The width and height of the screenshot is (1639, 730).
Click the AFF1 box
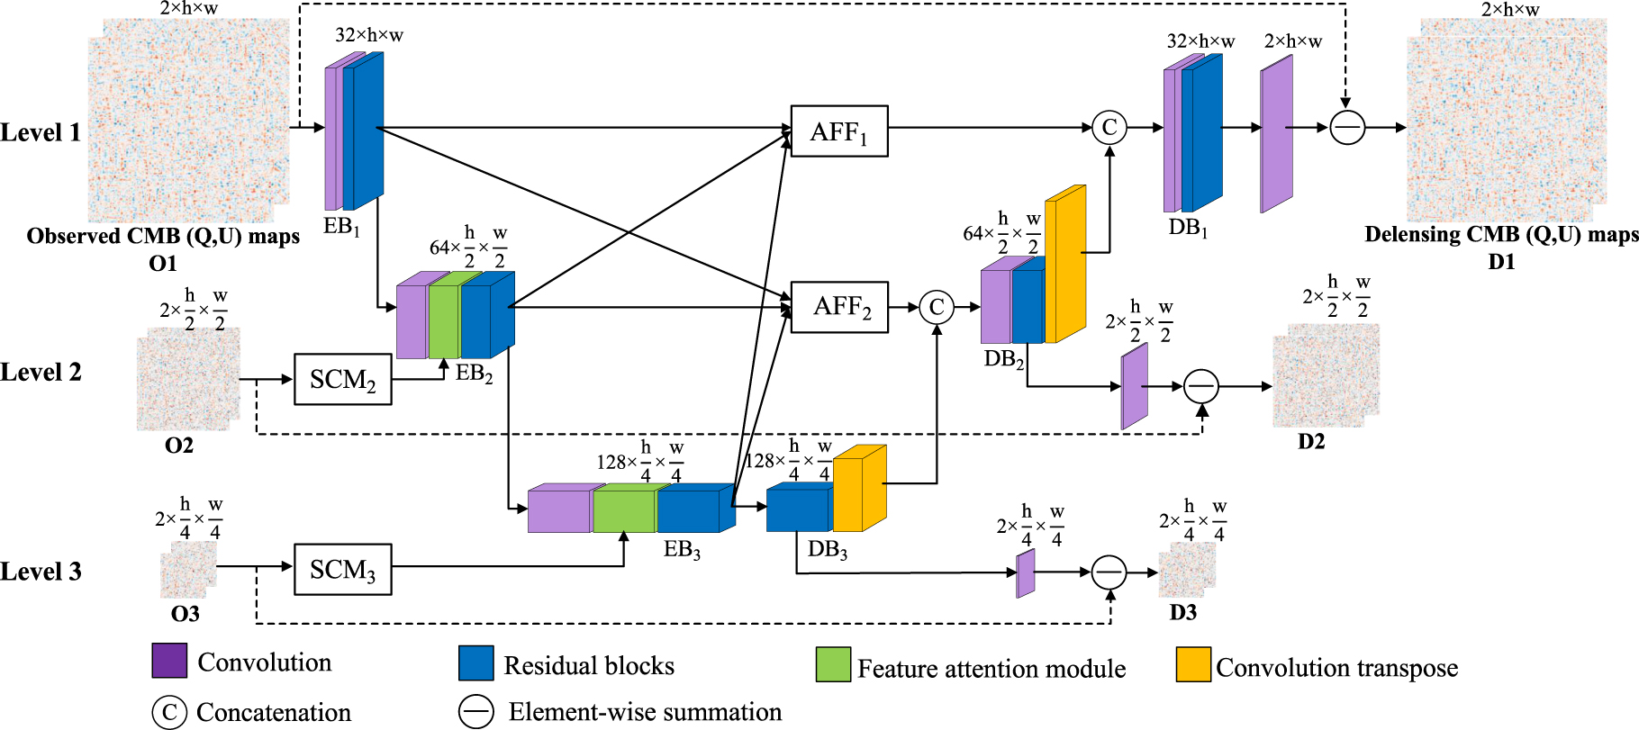[839, 131]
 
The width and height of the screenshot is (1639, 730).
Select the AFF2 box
[839, 307]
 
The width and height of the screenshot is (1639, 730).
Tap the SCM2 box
[342, 379]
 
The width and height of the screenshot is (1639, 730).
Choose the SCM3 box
[342, 569]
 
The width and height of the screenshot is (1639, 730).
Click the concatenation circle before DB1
[1109, 127]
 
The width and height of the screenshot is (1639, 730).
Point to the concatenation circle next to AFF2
[937, 307]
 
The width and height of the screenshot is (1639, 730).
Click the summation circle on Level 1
[1347, 128]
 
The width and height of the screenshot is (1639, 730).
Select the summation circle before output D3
[1109, 572]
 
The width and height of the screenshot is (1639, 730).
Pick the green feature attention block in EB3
[624, 509]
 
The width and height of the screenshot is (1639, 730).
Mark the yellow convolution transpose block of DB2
[1064, 265]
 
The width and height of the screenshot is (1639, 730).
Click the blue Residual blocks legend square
[475, 662]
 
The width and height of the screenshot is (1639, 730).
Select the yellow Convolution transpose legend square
[1193, 664]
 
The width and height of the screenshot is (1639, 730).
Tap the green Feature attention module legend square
[833, 664]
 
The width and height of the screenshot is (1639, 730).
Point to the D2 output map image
[1325, 375]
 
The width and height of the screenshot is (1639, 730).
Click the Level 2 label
[41, 373]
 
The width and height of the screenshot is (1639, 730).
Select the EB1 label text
[341, 227]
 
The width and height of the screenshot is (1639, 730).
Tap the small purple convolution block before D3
[1026, 573]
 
